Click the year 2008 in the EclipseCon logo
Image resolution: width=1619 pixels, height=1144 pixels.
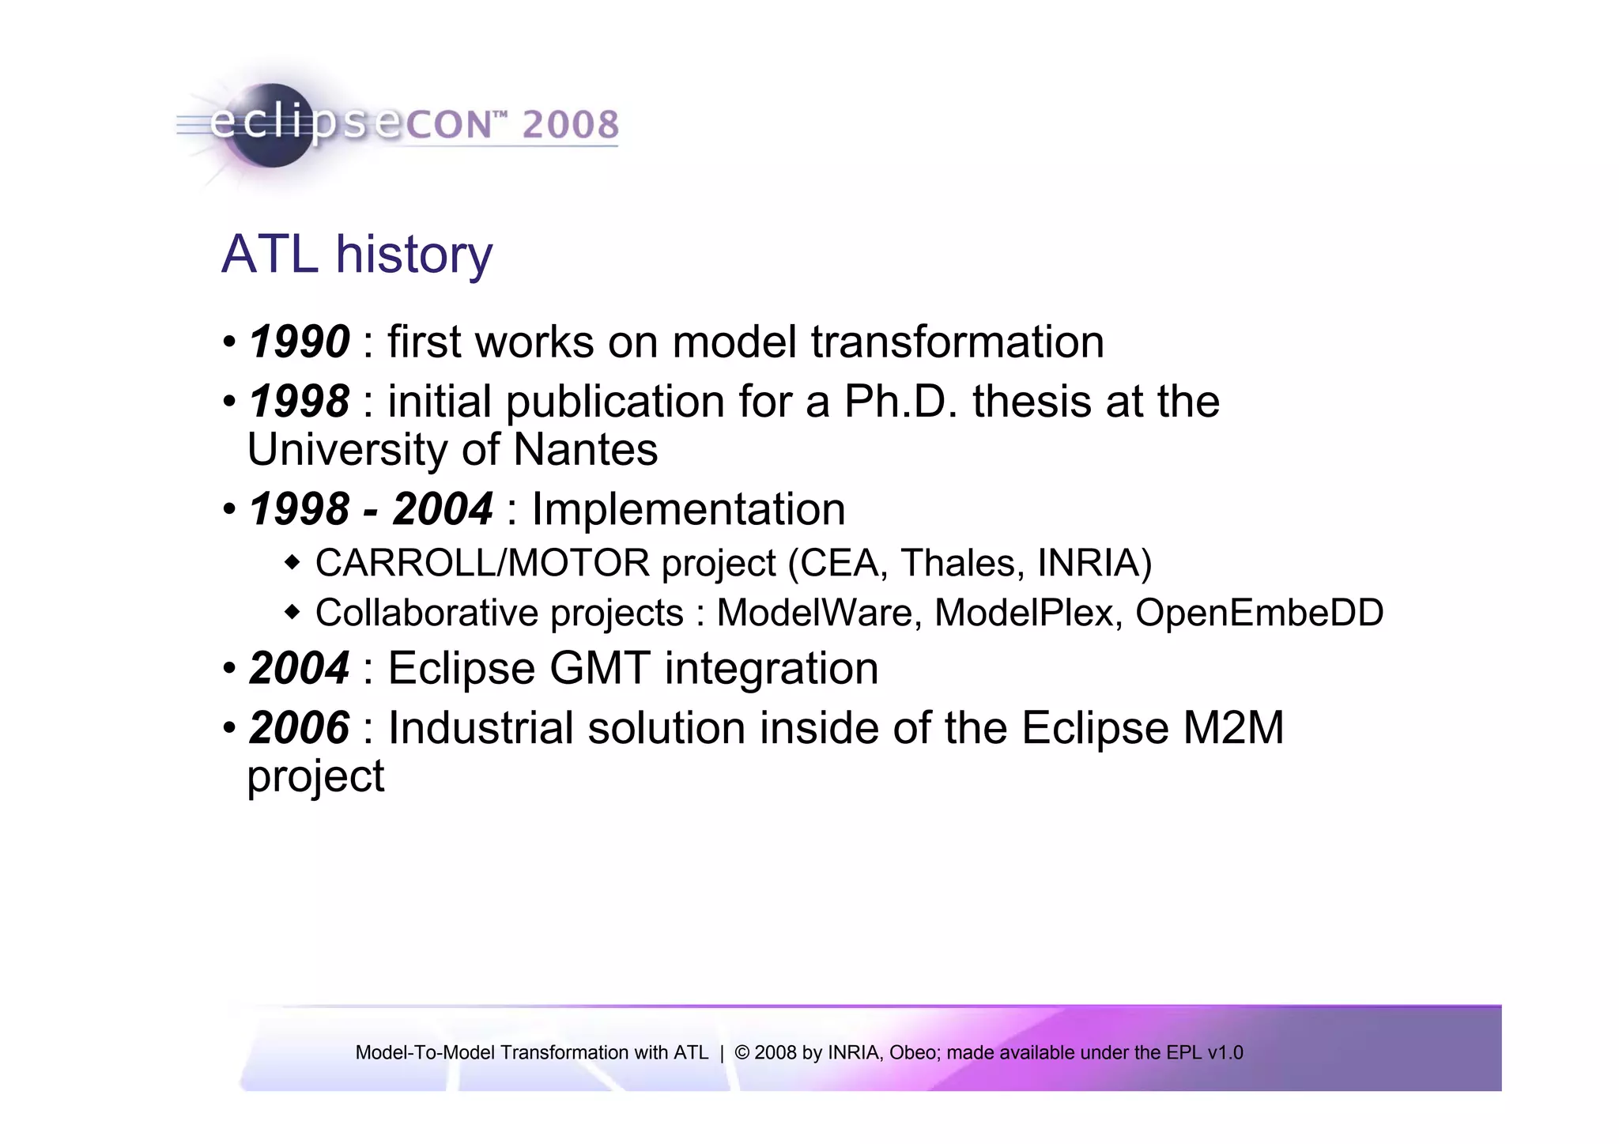(570, 125)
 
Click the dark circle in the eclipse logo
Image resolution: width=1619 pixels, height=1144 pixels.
(273, 126)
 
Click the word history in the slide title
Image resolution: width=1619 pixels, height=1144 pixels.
(413, 255)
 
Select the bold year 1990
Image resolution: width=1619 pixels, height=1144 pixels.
(299, 342)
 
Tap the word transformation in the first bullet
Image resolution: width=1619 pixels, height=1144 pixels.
(957, 342)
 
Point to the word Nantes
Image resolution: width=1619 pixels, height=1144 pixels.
(585, 450)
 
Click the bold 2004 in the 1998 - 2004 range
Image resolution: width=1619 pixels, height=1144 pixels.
(443, 509)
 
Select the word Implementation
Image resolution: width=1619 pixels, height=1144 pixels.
(689, 509)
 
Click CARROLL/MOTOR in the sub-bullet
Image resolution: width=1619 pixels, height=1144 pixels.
(482, 564)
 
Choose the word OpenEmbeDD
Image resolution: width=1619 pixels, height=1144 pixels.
(1259, 614)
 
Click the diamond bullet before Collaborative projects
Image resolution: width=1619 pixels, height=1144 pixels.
(292, 612)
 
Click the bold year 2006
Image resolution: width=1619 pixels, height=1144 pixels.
(299, 728)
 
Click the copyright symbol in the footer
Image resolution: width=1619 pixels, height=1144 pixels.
(742, 1053)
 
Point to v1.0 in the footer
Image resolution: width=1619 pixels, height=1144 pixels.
(1225, 1053)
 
